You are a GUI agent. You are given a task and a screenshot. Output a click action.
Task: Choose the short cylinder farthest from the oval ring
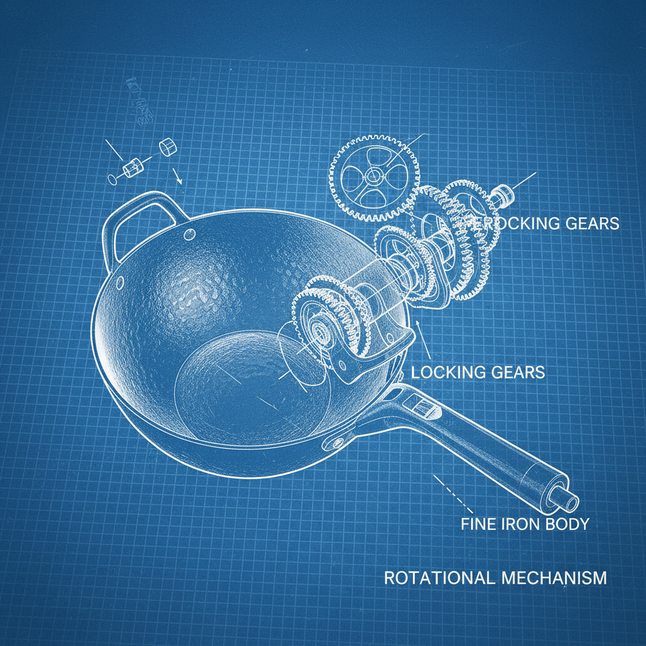pyautogui.click(x=168, y=147)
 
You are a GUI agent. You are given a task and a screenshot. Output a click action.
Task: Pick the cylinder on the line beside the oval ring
pyautogui.click(x=133, y=168)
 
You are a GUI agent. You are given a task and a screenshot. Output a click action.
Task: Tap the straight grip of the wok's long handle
pyautogui.click(x=486, y=454)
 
